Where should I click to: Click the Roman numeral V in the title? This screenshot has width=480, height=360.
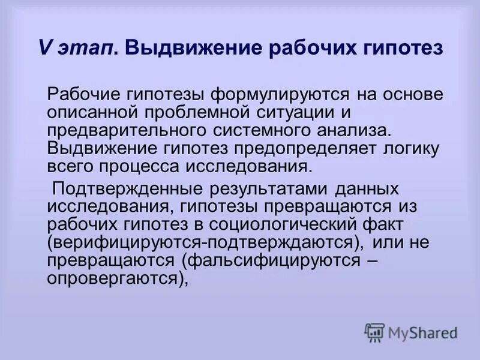coord(44,47)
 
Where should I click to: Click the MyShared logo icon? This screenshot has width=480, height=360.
coord(374,332)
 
